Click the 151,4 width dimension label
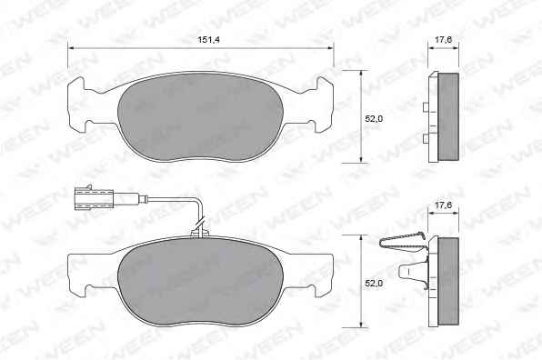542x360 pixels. [208, 40]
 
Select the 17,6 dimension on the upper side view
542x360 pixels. [443, 40]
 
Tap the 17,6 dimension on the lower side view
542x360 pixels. [443, 205]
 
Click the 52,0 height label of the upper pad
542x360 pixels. [374, 118]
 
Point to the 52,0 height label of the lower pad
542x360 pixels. [374, 284]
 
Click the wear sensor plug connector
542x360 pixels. [94, 198]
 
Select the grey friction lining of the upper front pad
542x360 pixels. [201, 117]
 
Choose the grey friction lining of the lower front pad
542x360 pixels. [201, 282]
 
